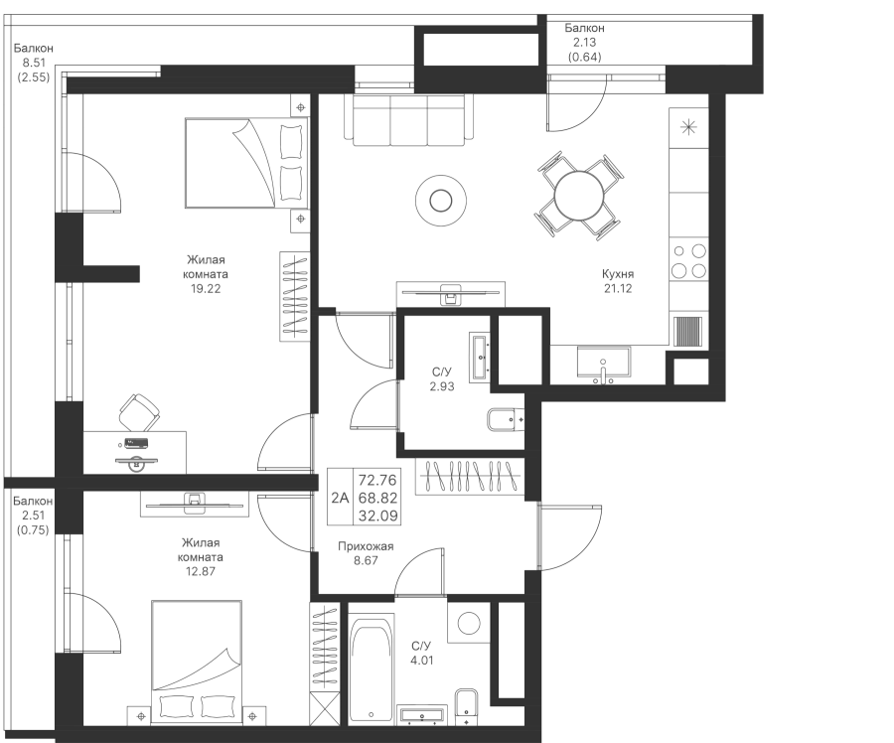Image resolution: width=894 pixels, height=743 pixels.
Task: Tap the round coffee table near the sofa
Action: pos(438,201)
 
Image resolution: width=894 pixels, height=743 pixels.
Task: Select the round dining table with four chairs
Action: pos(579,196)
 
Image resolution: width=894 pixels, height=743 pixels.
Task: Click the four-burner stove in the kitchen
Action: pos(688,260)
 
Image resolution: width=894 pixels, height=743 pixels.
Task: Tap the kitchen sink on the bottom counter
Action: pos(603,363)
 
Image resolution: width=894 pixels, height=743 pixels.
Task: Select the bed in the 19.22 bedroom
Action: pos(244,164)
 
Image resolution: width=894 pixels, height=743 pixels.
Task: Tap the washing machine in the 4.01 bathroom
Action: pos(468,623)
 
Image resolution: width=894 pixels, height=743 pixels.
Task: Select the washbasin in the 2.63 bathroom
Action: pos(480,357)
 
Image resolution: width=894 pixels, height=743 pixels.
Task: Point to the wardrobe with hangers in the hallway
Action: pos(468,477)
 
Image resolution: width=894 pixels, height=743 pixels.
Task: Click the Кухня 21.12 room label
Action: pos(617,281)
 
